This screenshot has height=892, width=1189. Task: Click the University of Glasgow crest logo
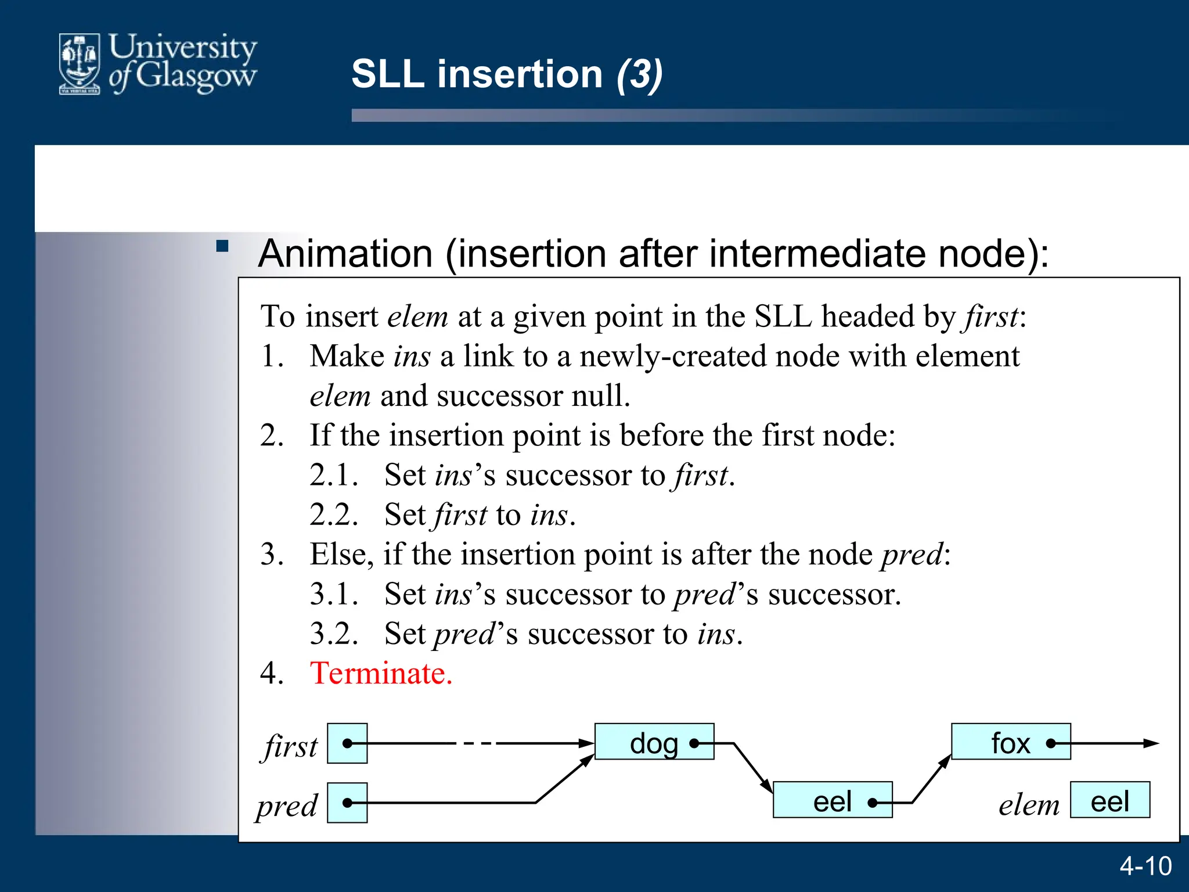click(80, 64)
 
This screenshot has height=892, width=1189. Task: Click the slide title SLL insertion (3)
click(506, 74)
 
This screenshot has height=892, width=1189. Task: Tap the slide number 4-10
click(1145, 866)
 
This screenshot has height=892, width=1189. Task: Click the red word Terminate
click(381, 674)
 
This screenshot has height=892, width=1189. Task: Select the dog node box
click(654, 742)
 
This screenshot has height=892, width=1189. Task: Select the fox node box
click(1010, 742)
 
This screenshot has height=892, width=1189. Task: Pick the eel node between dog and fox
click(832, 800)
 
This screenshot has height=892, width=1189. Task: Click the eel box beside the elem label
click(1109, 800)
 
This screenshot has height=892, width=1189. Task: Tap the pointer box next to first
click(347, 743)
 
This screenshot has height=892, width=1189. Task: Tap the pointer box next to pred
click(347, 803)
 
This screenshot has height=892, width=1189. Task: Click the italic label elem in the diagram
click(1029, 805)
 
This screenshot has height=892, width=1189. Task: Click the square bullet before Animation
click(222, 246)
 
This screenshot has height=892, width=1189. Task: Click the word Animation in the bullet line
click(345, 254)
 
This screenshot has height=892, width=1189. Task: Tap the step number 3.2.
click(333, 634)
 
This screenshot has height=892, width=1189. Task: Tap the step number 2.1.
click(333, 475)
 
